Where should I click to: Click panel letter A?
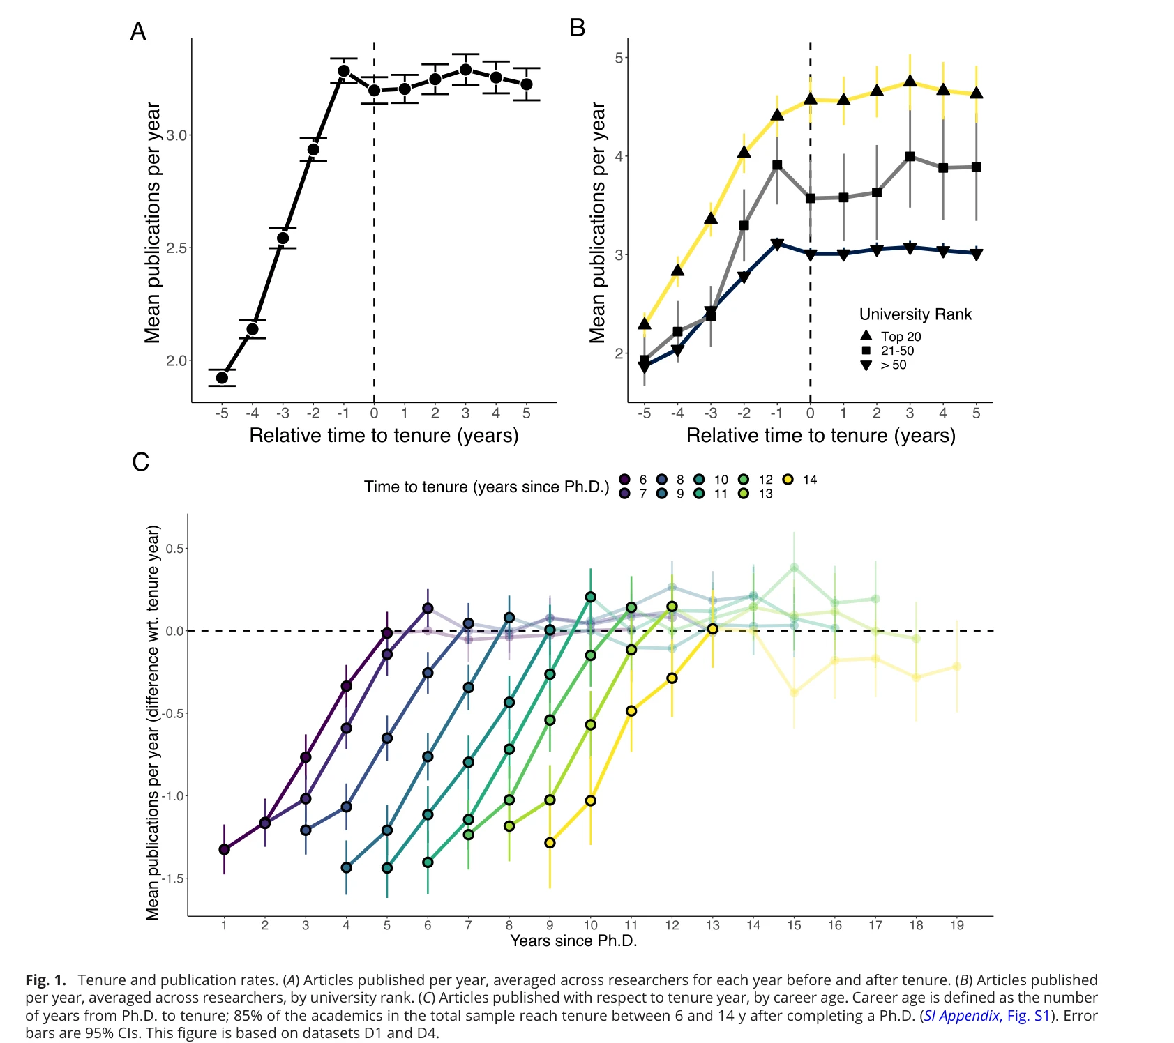coord(138,32)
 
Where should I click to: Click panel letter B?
coord(578,28)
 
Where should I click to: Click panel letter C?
coord(140,462)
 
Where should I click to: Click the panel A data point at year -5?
coord(222,378)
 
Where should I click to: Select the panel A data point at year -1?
coord(344,71)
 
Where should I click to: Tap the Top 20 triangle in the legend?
coord(866,336)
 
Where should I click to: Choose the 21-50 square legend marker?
coord(866,351)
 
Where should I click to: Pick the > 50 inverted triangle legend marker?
coord(866,365)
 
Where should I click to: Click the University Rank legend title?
coord(915,314)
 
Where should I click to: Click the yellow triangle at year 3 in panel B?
coord(910,82)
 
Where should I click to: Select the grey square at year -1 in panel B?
coord(777,165)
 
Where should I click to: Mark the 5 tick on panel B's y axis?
coord(619,58)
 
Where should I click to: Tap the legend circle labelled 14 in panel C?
coord(788,480)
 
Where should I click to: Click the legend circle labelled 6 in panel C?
coord(625,480)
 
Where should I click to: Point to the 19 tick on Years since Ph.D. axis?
coord(956,925)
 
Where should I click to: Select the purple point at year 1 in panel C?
coord(224,849)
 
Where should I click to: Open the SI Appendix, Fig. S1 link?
coord(986,1016)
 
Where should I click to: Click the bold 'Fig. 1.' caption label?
coord(45,980)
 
